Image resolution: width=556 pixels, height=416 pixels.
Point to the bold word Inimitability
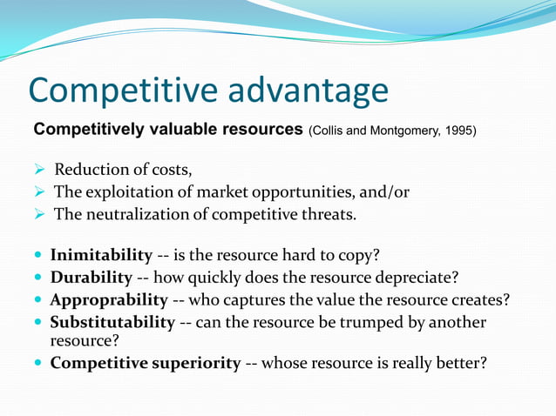pyautogui.click(x=101, y=256)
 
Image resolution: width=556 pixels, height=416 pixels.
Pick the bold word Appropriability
pyautogui.click(x=109, y=300)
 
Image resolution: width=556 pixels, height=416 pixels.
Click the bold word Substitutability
pyautogui.click(x=112, y=323)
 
